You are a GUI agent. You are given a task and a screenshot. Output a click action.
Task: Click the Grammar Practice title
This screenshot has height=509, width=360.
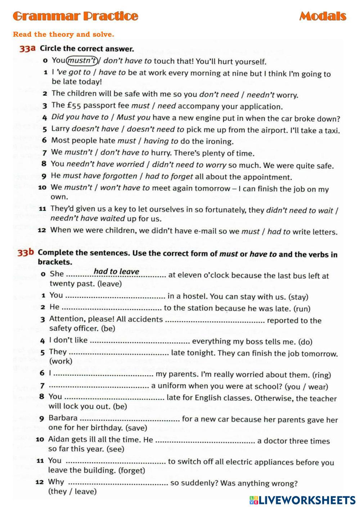tap(75, 16)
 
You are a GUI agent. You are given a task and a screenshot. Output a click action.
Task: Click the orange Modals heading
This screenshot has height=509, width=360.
tap(323, 16)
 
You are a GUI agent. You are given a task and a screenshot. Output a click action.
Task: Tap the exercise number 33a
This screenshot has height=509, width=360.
tap(27, 49)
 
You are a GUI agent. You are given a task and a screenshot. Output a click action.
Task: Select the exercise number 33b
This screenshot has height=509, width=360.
tap(26, 253)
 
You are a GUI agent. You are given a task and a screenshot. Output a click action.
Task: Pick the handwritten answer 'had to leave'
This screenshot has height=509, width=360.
tap(116, 271)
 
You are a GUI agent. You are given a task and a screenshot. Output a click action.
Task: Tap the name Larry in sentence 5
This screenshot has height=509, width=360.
tap(60, 129)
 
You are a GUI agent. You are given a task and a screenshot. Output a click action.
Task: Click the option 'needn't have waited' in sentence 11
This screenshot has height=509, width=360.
tap(87, 219)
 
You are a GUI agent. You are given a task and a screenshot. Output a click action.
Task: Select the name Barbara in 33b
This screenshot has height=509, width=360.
tap(63, 418)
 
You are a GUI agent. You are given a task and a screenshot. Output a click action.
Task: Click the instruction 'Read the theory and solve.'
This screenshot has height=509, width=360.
tap(63, 35)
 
